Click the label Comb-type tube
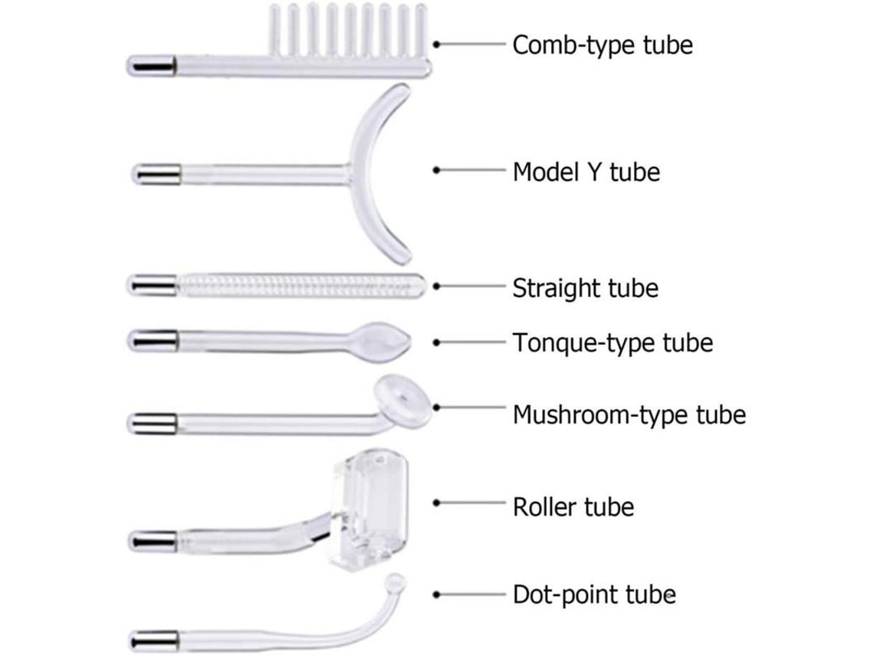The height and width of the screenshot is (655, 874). pyautogui.click(x=603, y=45)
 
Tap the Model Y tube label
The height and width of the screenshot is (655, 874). pyautogui.click(x=586, y=172)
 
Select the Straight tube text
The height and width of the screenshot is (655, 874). pyautogui.click(x=585, y=288)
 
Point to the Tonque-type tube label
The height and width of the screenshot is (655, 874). pyautogui.click(x=613, y=342)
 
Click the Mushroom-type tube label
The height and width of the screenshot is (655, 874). pyautogui.click(x=629, y=414)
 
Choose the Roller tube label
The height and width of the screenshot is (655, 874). pyautogui.click(x=573, y=507)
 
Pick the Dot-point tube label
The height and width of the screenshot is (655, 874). pyautogui.click(x=594, y=594)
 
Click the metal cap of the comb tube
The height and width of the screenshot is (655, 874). pyautogui.click(x=152, y=65)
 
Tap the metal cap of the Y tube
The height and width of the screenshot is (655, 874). pyautogui.click(x=156, y=174)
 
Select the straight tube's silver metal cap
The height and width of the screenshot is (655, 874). pyautogui.click(x=152, y=285)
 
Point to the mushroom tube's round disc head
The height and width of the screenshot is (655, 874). pyautogui.click(x=402, y=401)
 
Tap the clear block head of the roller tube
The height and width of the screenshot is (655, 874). pyautogui.click(x=370, y=510)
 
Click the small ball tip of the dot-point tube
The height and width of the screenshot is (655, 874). pyautogui.click(x=396, y=583)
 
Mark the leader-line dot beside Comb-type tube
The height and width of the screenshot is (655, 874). pyautogui.click(x=437, y=44)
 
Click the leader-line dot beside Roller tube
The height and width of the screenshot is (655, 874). pyautogui.click(x=437, y=503)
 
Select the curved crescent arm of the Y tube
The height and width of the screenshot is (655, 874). pyautogui.click(x=370, y=172)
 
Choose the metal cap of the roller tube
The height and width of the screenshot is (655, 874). pyautogui.click(x=153, y=541)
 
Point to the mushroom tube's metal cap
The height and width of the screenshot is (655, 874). pyautogui.click(x=152, y=424)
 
